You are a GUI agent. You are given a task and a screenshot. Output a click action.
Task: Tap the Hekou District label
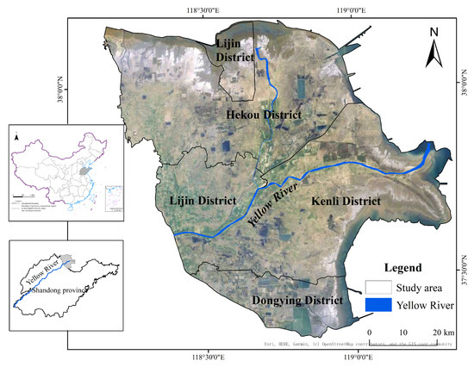point(263,115)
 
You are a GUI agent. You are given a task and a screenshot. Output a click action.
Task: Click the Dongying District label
point(297,300)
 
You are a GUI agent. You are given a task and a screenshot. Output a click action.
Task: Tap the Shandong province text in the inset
point(59,290)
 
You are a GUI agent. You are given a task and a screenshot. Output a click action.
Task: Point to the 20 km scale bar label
point(441,332)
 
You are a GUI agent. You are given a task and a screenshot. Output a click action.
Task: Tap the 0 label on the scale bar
point(370,332)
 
